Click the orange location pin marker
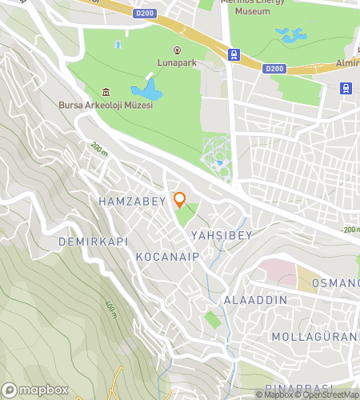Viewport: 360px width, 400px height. [180, 199]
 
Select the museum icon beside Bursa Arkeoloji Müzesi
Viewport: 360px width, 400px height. [106, 92]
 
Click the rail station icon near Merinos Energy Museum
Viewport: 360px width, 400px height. [233, 55]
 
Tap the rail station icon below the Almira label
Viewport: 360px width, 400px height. [346, 88]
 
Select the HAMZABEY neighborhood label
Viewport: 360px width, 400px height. [132, 201]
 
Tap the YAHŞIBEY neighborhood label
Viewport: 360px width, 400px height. [222, 235]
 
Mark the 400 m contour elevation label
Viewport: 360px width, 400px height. [110, 307]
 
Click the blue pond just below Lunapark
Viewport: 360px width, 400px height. [149, 90]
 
